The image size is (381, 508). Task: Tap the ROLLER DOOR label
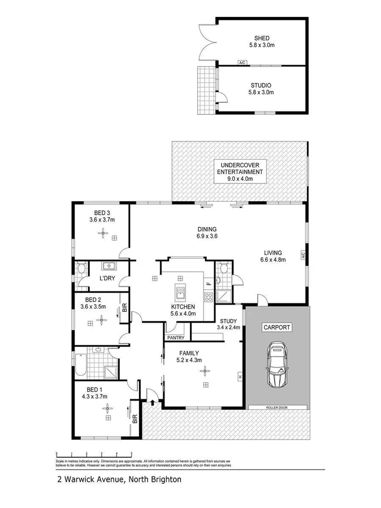click(277, 407)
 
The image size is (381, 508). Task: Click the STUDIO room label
click(261, 85)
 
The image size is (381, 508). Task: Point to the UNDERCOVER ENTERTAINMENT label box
click(238, 171)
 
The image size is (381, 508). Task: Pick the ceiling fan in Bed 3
click(103, 232)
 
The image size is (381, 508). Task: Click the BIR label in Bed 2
click(124, 309)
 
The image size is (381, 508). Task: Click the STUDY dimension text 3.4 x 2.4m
click(229, 327)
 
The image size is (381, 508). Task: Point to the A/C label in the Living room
click(304, 255)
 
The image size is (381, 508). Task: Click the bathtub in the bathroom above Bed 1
click(80, 365)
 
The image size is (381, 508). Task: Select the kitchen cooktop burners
click(208, 297)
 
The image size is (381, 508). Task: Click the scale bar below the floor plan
click(94, 454)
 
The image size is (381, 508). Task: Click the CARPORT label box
click(276, 327)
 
